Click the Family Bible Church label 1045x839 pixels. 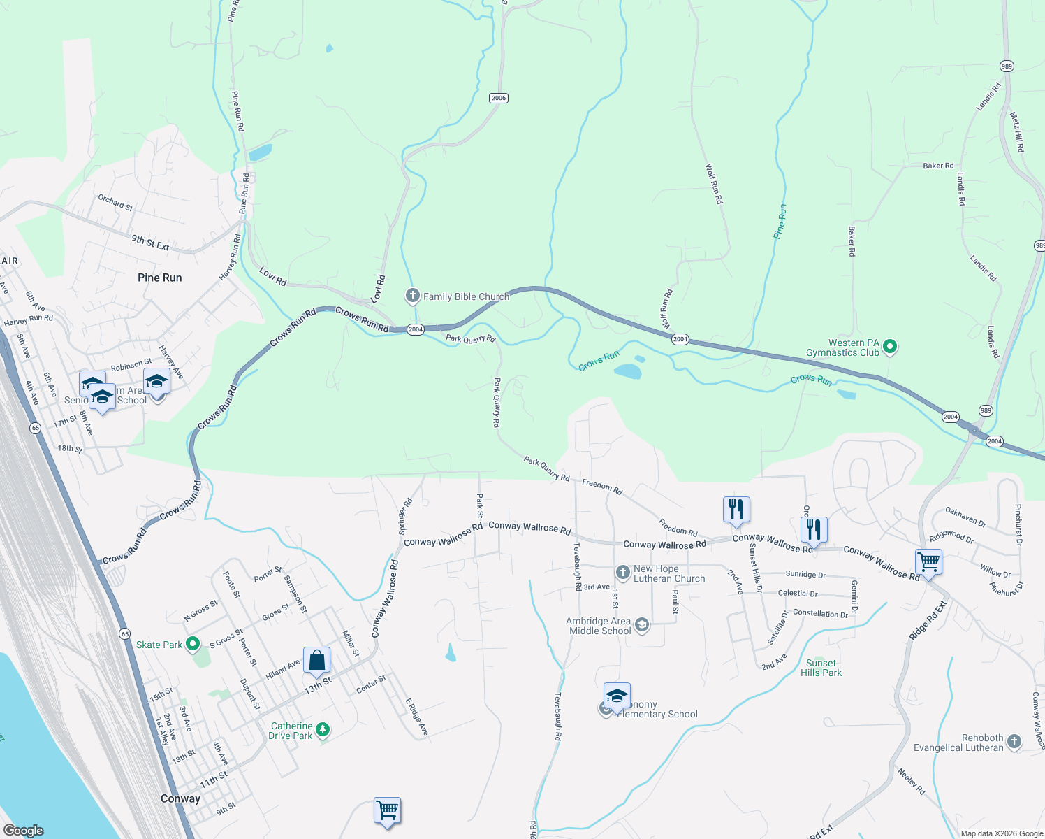(466, 296)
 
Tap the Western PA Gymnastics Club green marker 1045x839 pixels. (890, 346)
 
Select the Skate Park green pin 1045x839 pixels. (193, 644)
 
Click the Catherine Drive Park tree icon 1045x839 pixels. (322, 729)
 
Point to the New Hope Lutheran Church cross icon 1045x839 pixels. (623, 573)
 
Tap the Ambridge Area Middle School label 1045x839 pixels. (600, 626)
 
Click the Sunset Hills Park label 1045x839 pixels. (821, 668)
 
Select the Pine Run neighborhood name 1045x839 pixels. (159, 278)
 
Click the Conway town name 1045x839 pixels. (180, 798)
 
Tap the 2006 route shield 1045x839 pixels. (498, 98)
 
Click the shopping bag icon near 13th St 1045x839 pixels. (316, 660)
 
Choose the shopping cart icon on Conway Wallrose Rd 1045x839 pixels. (928, 561)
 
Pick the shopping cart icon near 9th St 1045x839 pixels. (387, 810)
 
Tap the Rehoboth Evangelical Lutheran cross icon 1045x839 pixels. (1014, 741)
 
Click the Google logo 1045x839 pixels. (24, 831)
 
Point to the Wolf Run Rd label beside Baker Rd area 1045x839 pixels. (714, 184)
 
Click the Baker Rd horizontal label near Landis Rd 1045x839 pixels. (938, 166)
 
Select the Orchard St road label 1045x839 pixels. (115, 203)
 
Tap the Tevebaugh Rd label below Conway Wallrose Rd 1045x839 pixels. (577, 566)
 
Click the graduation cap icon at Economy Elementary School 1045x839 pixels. (616, 695)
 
